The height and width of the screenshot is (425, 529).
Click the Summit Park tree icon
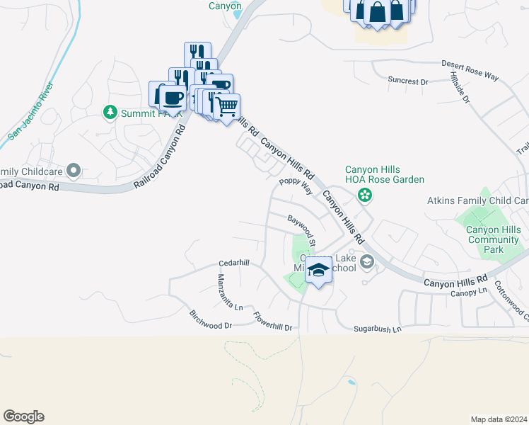(110, 113)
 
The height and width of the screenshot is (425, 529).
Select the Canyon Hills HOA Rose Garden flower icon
(364, 195)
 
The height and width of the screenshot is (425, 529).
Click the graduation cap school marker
(319, 270)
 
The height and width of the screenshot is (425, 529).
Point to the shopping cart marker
(226, 107)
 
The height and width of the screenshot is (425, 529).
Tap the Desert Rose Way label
(470, 69)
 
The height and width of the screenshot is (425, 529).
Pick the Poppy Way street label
(296, 186)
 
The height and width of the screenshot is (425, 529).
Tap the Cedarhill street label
(234, 263)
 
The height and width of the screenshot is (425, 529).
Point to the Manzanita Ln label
(230, 293)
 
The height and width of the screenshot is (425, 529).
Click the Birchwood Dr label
(211, 320)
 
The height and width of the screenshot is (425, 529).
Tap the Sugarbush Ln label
(377, 329)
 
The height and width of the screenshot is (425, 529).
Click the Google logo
(23, 416)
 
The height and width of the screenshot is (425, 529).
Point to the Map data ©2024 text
(499, 419)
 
